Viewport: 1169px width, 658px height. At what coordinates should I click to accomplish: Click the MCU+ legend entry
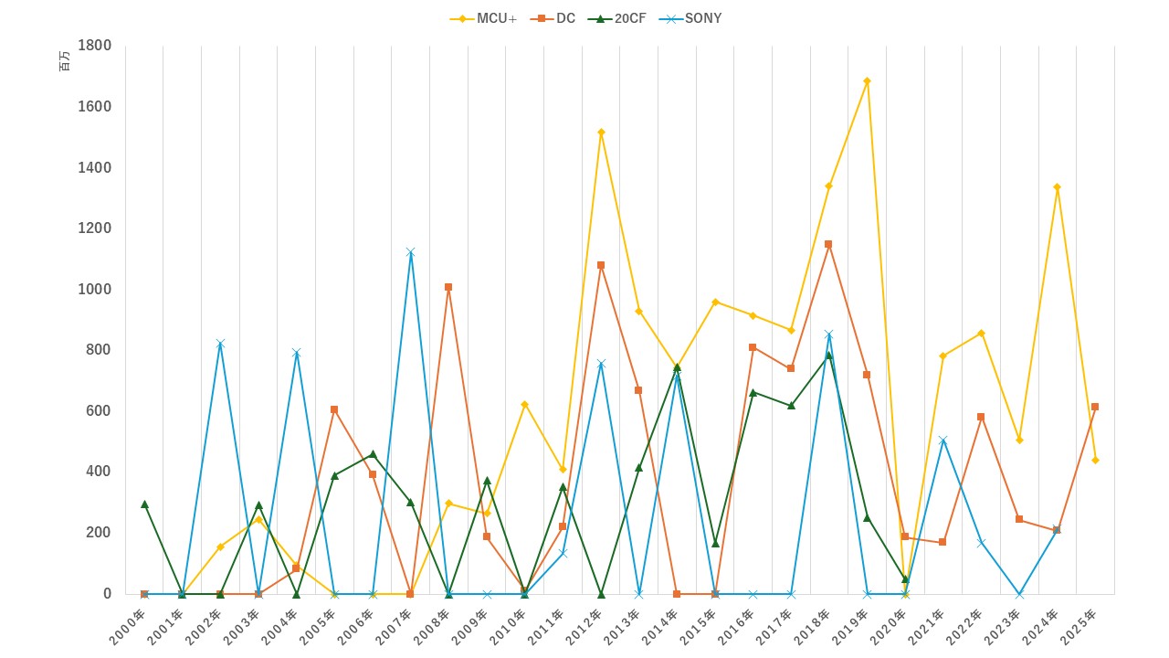pos(484,18)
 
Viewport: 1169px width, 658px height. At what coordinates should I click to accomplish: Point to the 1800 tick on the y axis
pos(95,46)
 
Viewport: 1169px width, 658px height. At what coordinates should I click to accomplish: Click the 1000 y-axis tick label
pos(95,289)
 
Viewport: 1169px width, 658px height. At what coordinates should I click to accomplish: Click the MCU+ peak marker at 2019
pos(867,80)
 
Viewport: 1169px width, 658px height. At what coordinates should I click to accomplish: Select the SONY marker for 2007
pos(410,252)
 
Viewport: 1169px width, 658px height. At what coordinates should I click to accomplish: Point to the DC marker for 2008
pos(448,287)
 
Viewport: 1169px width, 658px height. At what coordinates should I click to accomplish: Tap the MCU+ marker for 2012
pos(601,132)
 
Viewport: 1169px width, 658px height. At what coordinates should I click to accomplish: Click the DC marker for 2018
pos(828,244)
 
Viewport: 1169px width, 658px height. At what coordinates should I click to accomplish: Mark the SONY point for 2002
pos(220,344)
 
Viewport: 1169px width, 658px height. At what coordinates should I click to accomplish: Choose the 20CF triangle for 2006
pos(373,454)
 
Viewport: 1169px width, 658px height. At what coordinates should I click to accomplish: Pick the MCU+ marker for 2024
pos(1057,186)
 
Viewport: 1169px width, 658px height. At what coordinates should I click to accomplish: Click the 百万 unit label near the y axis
pos(64,62)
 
